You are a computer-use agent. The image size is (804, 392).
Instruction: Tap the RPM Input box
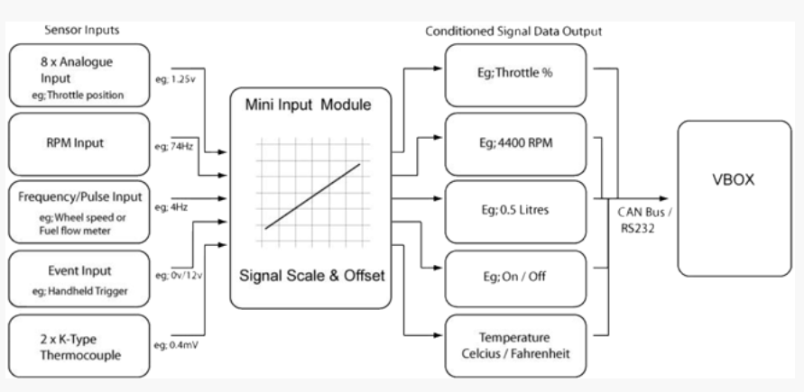click(x=76, y=141)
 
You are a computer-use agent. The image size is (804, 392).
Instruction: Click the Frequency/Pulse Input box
click(x=76, y=213)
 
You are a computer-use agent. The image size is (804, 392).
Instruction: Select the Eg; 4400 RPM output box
click(x=515, y=141)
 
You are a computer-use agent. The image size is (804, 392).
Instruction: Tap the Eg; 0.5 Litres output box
click(x=515, y=209)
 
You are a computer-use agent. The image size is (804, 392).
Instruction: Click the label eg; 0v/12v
click(x=173, y=274)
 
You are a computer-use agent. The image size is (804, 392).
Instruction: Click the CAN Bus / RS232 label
click(x=642, y=221)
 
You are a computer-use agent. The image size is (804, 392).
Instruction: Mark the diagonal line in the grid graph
click(x=311, y=196)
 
